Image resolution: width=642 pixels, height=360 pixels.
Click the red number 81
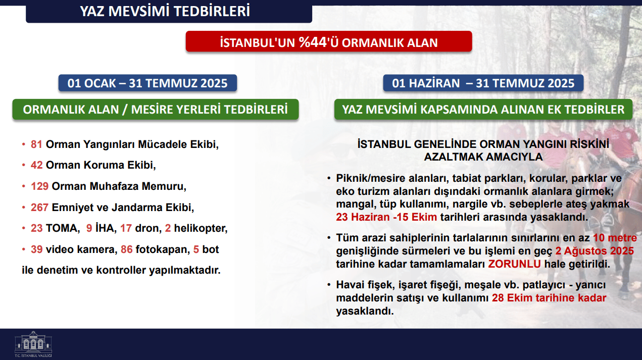[x=37, y=144]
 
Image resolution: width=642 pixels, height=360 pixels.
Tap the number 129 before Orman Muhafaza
[x=39, y=186]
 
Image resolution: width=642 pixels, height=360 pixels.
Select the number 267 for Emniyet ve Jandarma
[x=39, y=208]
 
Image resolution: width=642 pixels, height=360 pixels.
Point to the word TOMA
[x=63, y=228]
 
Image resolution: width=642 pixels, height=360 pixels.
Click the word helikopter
[x=201, y=228]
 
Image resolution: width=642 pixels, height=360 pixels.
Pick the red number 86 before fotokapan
[x=127, y=249]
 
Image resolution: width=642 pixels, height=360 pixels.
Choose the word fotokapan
[x=163, y=249]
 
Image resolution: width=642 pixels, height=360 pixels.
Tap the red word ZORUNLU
[x=515, y=264]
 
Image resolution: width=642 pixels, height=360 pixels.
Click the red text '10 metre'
[x=615, y=238]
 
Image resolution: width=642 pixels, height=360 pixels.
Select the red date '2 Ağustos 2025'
[x=595, y=251]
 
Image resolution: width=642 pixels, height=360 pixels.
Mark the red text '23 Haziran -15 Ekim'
[x=386, y=217]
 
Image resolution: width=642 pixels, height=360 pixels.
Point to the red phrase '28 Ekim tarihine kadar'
[x=549, y=298]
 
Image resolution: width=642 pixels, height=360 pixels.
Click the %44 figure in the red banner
[x=313, y=42]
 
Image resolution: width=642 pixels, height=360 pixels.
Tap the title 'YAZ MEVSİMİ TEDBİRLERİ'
[x=165, y=12]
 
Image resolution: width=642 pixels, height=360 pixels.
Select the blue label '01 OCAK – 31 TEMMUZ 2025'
[x=147, y=83]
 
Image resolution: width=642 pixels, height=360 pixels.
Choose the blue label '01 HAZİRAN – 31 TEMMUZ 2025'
[x=483, y=83]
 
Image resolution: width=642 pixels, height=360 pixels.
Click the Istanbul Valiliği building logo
[x=33, y=344]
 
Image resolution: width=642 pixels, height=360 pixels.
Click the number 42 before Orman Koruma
[x=37, y=165]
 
